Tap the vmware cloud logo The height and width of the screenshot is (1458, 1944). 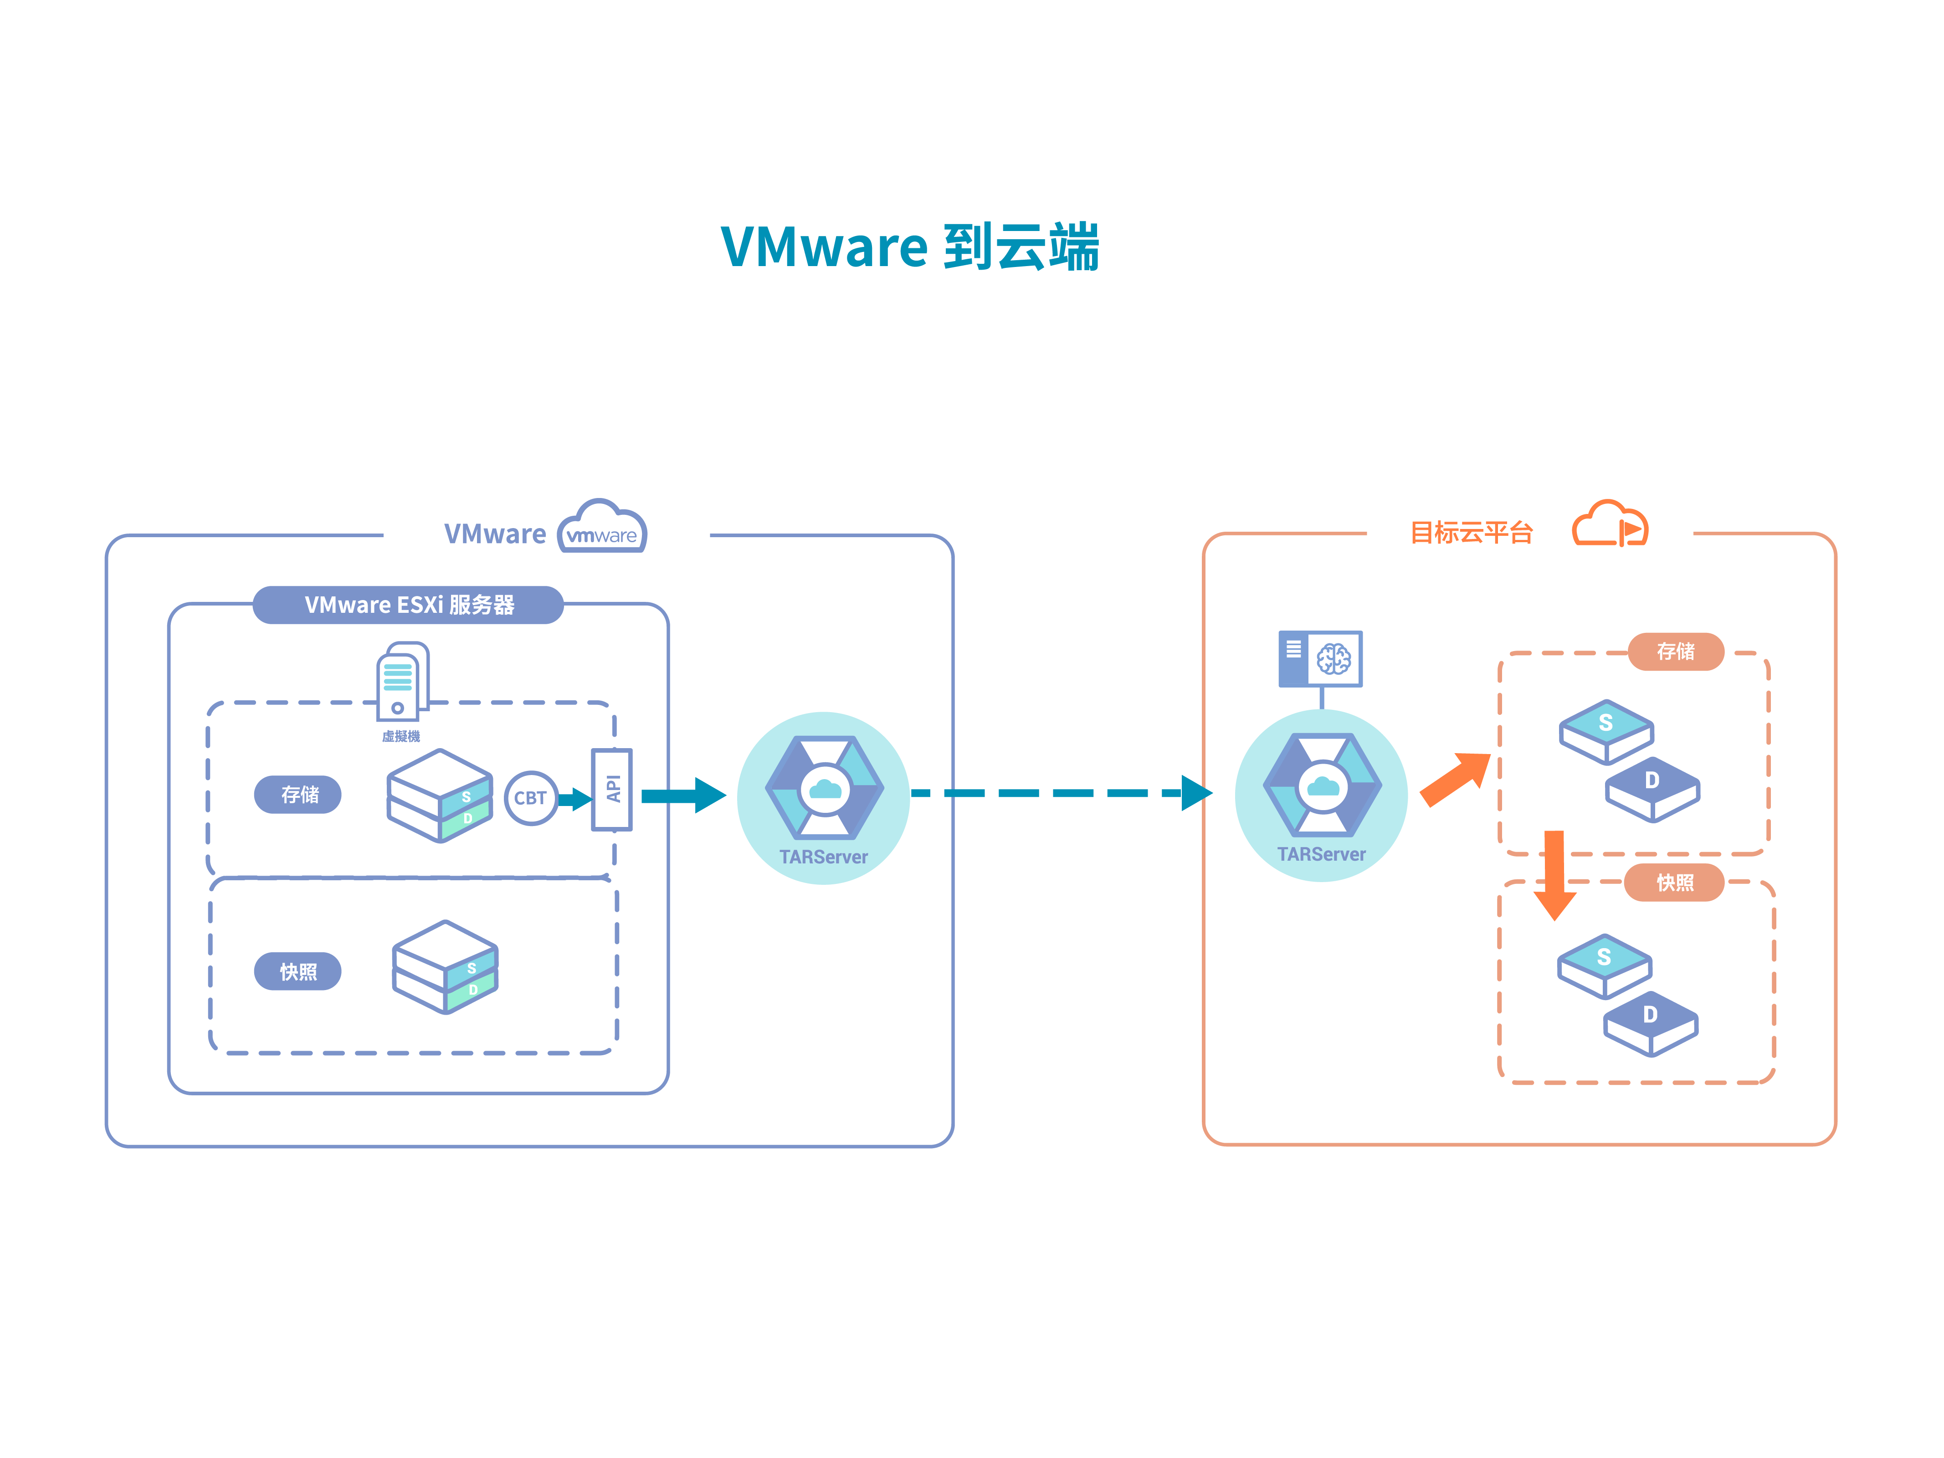coord(602,527)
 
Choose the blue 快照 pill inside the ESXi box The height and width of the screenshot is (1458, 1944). coord(298,971)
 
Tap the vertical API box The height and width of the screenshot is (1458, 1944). coord(612,789)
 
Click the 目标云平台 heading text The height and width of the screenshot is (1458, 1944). coord(1471,533)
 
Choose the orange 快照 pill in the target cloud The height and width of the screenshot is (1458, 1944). coord(1674,883)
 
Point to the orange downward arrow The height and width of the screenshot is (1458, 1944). coord(1554,874)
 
